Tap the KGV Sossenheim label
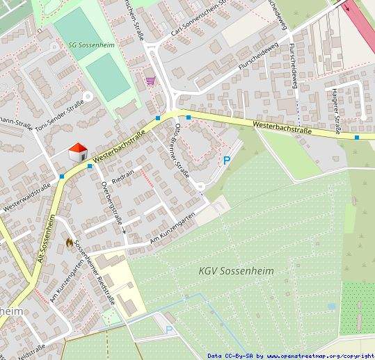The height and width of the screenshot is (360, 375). [x=236, y=270]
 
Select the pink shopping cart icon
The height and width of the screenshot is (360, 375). [x=150, y=81]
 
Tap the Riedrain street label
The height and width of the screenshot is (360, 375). [x=122, y=177]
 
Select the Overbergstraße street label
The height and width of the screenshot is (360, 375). [x=112, y=201]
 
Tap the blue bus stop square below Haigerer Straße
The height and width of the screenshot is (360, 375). [x=357, y=138]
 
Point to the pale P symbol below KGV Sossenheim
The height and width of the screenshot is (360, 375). [x=169, y=329]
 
